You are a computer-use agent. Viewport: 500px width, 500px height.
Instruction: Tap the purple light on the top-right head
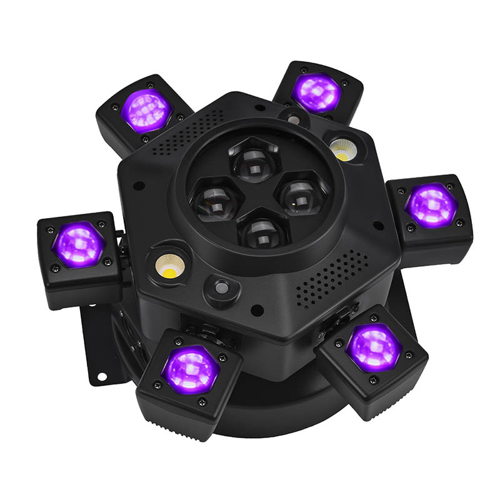(x=317, y=92)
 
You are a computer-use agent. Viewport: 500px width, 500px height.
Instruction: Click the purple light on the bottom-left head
(x=189, y=369)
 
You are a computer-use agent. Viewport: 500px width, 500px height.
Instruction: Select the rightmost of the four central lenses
(x=301, y=195)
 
